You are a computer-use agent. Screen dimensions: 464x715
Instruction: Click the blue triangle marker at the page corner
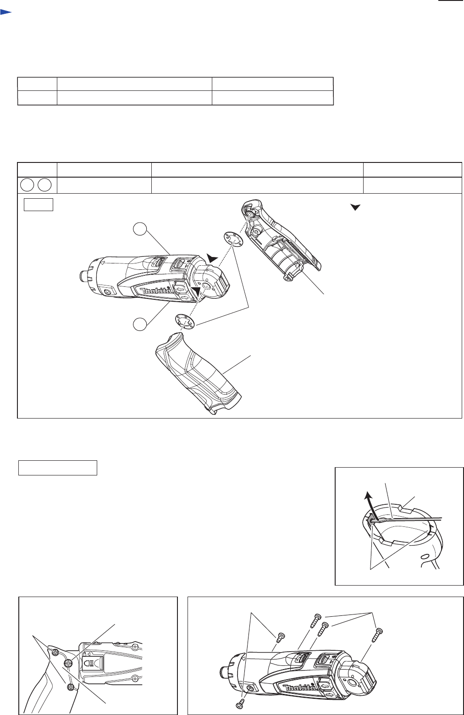coord(6,12)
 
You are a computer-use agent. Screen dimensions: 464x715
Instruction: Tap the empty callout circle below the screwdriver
coord(140,324)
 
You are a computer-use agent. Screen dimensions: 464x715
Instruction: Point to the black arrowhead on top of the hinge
coord(212,258)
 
